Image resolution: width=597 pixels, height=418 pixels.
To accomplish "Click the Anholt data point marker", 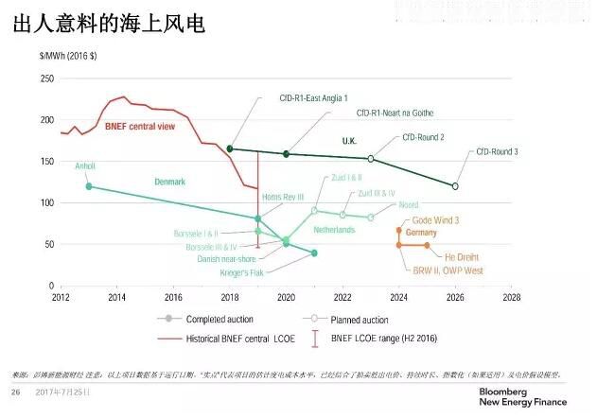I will coord(89,186).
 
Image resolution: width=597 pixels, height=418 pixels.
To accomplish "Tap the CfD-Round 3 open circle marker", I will coord(455,186).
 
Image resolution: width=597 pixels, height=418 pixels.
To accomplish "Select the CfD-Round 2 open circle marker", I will coord(371,159).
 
